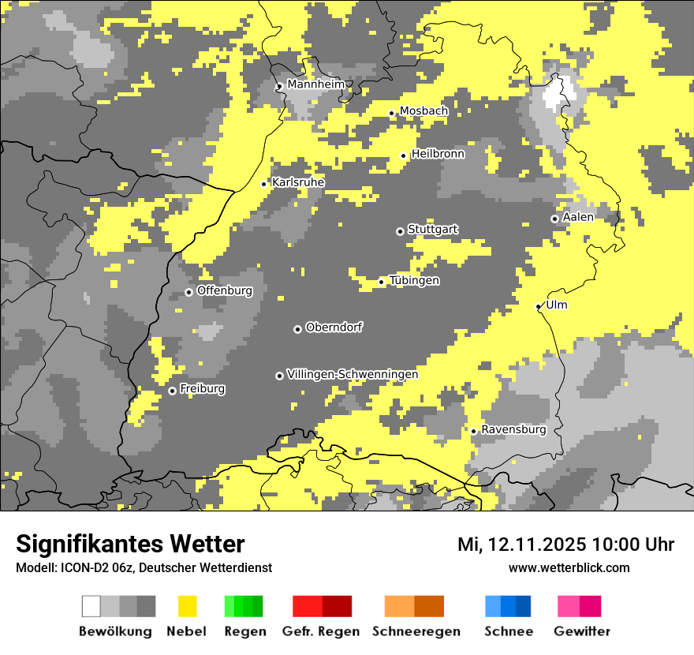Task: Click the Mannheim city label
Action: point(316,84)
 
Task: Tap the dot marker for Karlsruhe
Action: point(264,184)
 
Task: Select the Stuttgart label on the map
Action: point(433,230)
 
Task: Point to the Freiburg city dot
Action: point(172,391)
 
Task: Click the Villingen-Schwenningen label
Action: point(353,375)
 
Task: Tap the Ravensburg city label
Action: point(513,430)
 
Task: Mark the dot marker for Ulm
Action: point(539,306)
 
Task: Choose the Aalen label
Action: point(578,217)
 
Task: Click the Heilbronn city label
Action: point(438,155)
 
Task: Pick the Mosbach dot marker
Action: point(391,113)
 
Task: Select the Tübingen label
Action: point(414,281)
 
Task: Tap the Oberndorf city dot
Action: point(297,329)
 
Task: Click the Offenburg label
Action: point(225,291)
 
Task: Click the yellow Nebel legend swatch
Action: point(188,606)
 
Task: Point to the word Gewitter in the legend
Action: point(582,631)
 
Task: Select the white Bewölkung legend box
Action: point(91,606)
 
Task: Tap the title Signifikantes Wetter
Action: point(130,545)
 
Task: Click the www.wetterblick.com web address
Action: point(569,568)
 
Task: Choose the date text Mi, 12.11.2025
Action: point(521,545)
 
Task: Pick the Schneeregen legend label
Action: point(416,631)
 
